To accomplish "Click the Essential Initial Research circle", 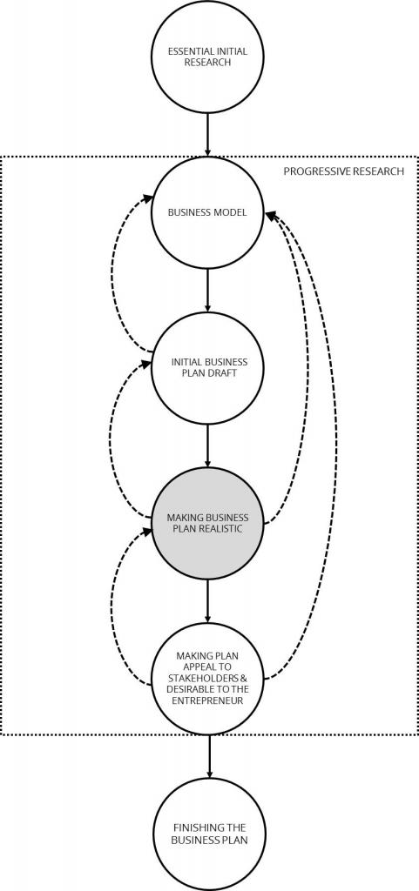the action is pyautogui.click(x=207, y=57).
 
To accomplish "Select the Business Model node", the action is pyautogui.click(x=207, y=213).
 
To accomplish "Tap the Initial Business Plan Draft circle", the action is pyautogui.click(x=207, y=368).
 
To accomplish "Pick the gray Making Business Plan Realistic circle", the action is pyautogui.click(x=207, y=522).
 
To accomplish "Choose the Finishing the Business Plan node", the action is pyautogui.click(x=210, y=834).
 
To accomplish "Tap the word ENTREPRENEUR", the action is pyautogui.click(x=207, y=700).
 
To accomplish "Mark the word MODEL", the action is pyautogui.click(x=232, y=213).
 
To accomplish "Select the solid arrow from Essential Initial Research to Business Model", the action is pyautogui.click(x=207, y=135).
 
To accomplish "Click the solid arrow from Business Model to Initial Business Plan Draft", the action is pyautogui.click(x=207, y=291).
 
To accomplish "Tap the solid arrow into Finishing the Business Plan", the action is pyautogui.click(x=209, y=756).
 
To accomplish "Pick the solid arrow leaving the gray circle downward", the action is pyautogui.click(x=207, y=600).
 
